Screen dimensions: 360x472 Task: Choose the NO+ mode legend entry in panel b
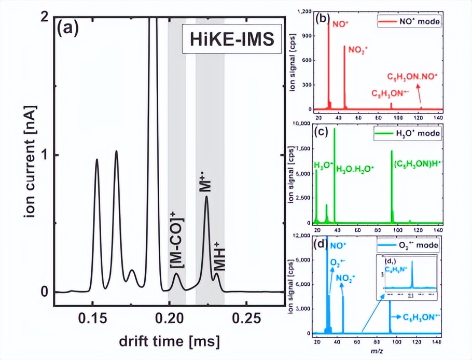[410, 23]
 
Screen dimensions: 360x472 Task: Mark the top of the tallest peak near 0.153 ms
[96, 159]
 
